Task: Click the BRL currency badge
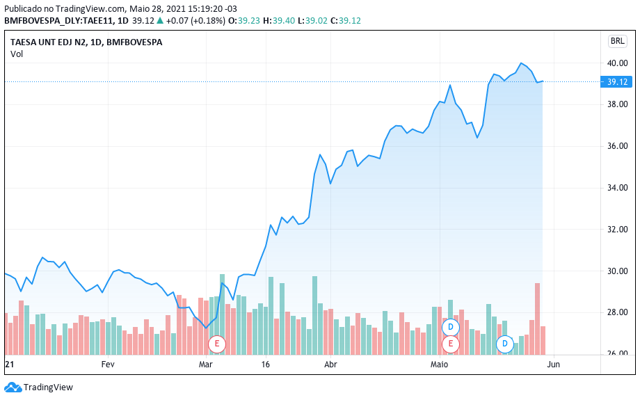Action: (x=617, y=41)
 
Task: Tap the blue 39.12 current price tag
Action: (x=618, y=81)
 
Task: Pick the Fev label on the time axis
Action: (x=107, y=364)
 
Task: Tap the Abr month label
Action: (x=331, y=364)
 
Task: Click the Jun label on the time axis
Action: (x=554, y=364)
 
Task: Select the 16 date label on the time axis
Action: (x=266, y=364)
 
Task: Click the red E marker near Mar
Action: (x=217, y=343)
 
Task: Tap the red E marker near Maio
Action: (x=451, y=343)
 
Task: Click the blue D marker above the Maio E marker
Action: (x=451, y=326)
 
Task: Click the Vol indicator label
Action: (x=17, y=54)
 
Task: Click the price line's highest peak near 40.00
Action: (x=521, y=63)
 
